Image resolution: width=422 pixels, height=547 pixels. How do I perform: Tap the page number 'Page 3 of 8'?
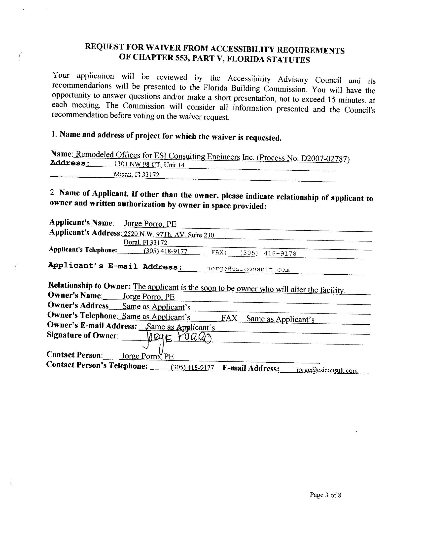coord(325,495)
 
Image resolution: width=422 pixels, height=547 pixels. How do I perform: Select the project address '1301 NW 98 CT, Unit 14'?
coord(149,165)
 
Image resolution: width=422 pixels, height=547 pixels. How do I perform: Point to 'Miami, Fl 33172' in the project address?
coord(136,175)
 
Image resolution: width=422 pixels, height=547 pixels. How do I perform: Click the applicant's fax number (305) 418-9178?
coord(268,253)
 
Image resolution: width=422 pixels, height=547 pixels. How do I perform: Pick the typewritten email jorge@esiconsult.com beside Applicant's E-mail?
coord(248,269)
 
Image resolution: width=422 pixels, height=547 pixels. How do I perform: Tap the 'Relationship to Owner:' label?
coord(89,285)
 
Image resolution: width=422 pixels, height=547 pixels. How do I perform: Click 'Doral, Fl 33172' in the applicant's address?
coord(145,243)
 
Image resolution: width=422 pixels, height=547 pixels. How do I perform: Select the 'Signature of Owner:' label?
coord(82,335)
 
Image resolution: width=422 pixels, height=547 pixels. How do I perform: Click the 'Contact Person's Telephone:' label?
coord(97,365)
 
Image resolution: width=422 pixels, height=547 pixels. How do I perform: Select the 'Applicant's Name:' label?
coord(81,222)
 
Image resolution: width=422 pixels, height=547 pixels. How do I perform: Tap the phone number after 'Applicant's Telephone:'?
coord(166,251)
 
